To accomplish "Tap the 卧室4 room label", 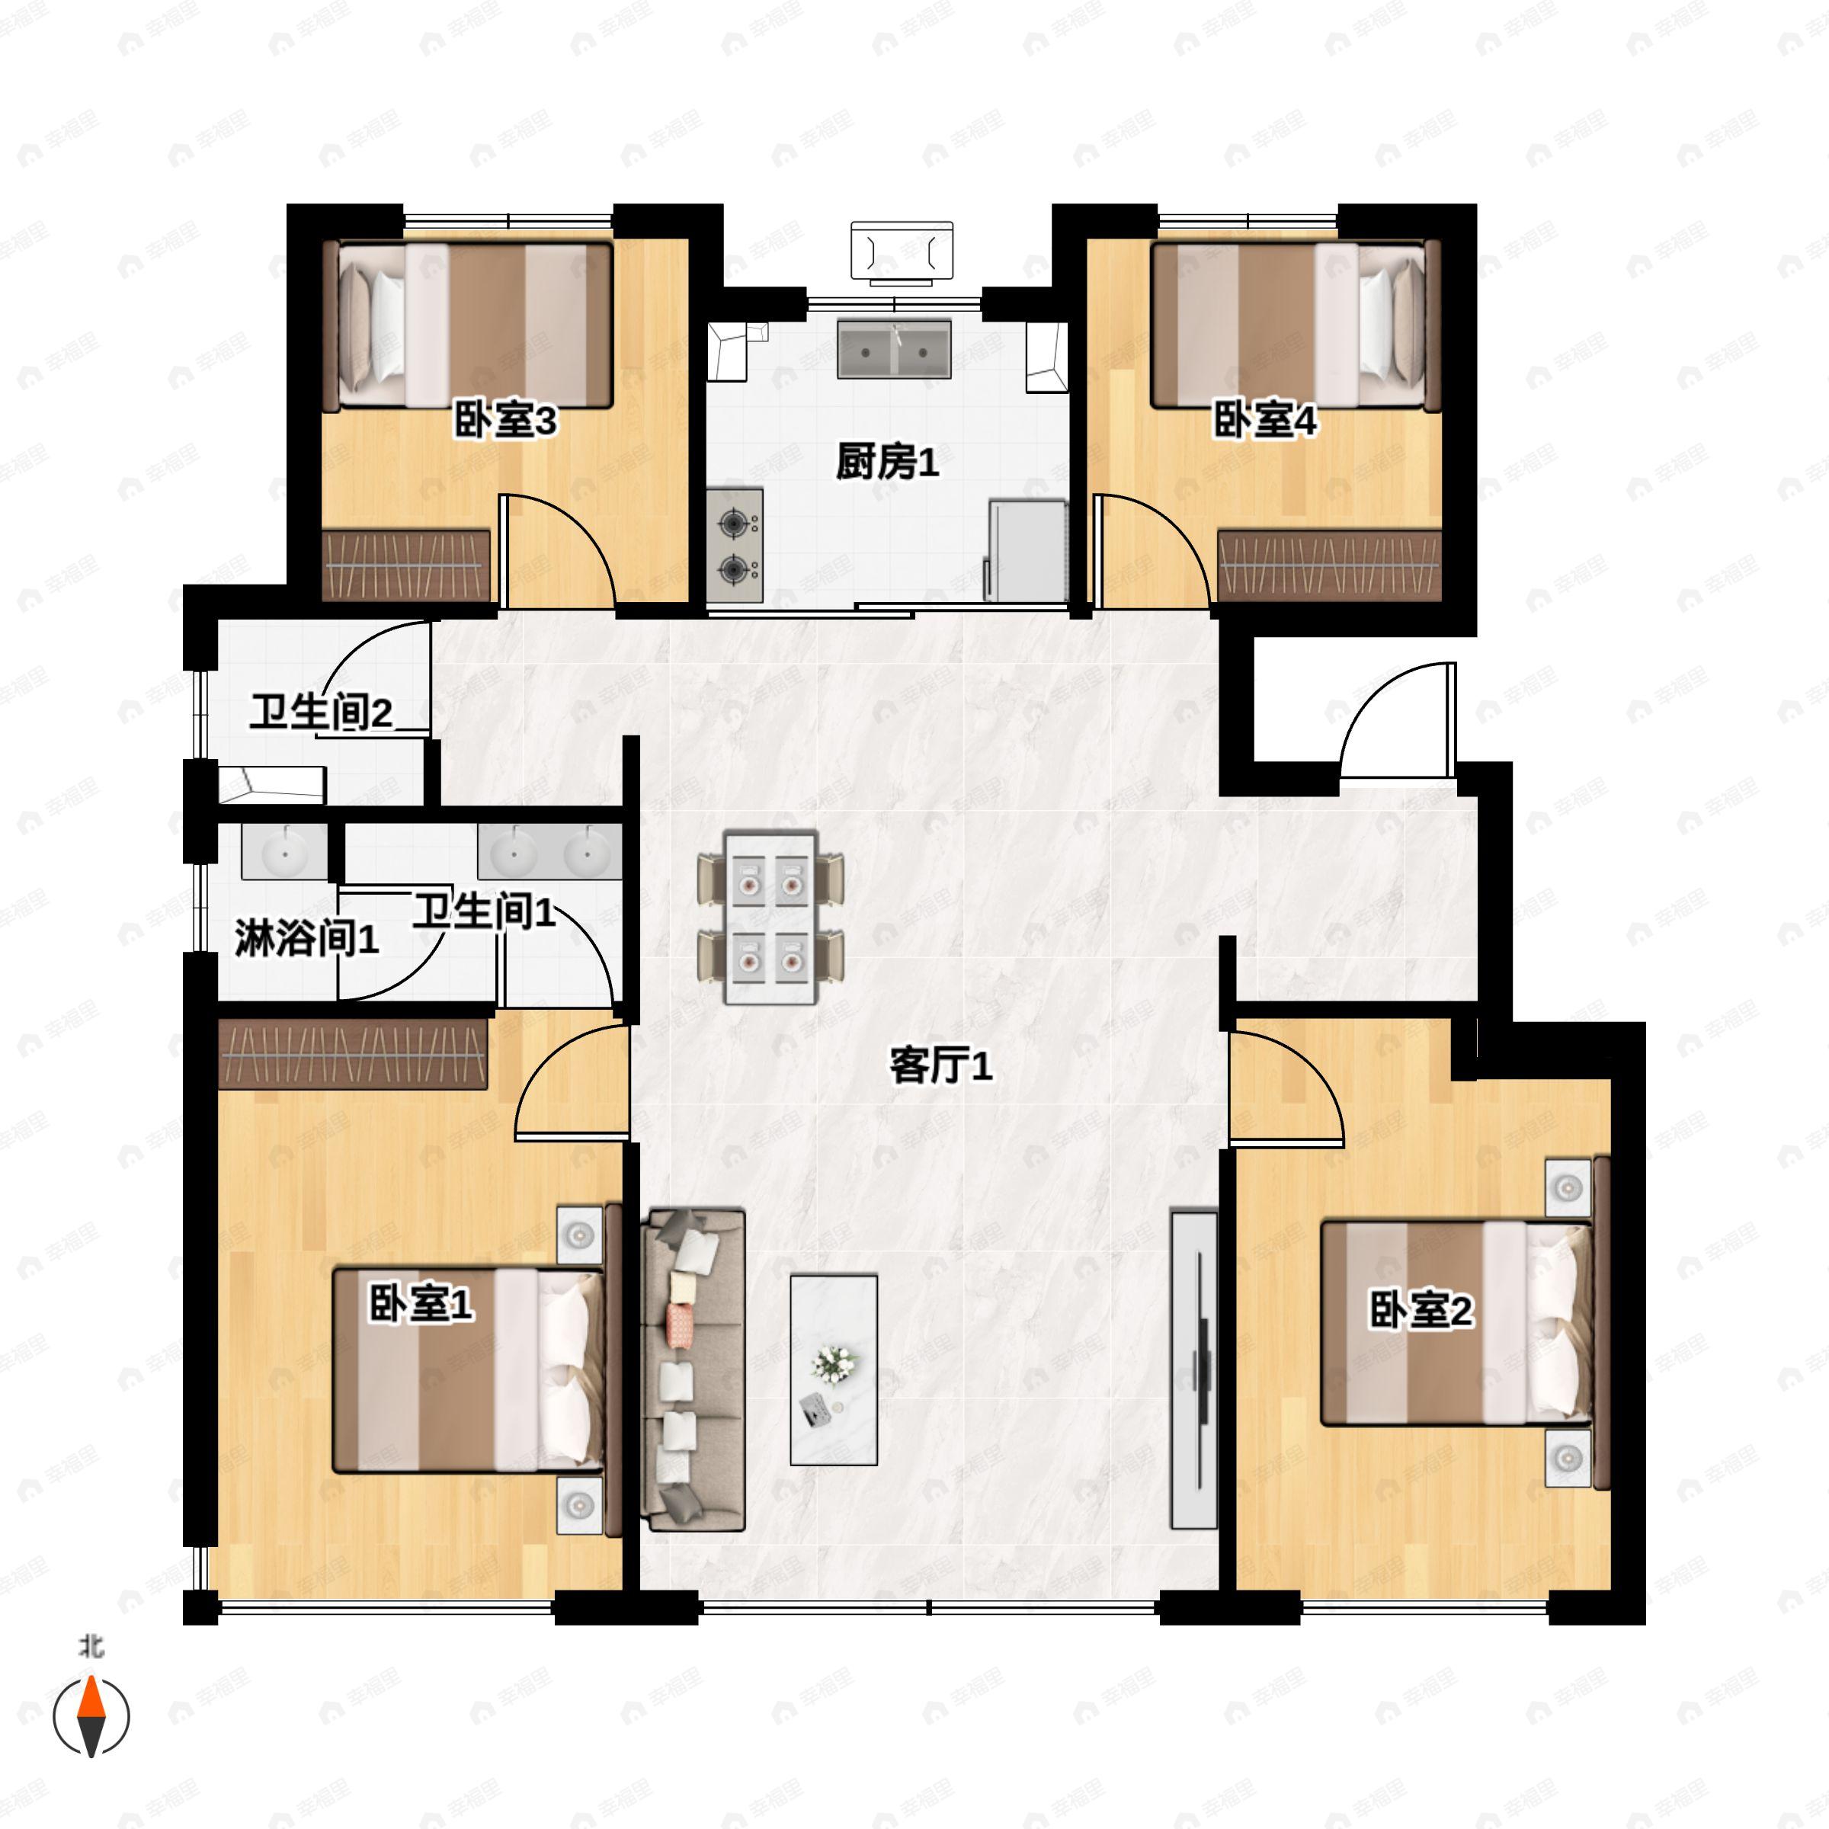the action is (1265, 421).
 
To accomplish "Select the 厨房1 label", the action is (887, 462).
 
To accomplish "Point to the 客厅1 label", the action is (940, 1066).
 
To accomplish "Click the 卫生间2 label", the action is (321, 712).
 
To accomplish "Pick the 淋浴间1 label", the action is (306, 937).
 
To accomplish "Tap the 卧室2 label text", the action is (1421, 1311).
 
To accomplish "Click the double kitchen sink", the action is (894, 349).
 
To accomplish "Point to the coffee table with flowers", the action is (834, 1369).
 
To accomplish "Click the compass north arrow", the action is (91, 1715).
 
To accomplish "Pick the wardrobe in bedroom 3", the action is (406, 565).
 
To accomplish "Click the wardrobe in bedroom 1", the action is (353, 1052).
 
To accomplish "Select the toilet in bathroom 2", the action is (272, 785).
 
